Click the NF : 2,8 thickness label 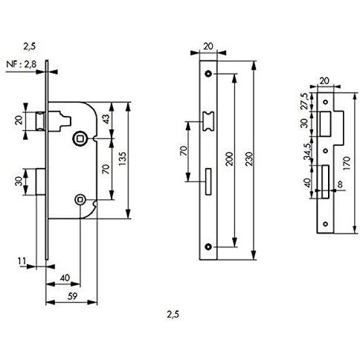pos(22,65)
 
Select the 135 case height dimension pos(123,159)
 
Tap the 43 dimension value pos(106,119)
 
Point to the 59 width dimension pos(72,296)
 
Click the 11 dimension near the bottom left pos(22,261)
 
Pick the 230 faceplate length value pos(249,159)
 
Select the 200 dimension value pos(230,159)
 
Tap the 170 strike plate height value pos(347,163)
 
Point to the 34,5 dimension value pos(307,152)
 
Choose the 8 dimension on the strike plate pos(340,184)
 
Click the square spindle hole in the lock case pos(80,138)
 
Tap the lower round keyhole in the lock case pos(80,199)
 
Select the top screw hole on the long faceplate pos(208,74)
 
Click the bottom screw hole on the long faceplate pos(208,247)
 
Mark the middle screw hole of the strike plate pos(326,151)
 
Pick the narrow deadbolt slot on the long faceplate pos(208,182)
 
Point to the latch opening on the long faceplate pos(208,121)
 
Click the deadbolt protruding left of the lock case pos(41,181)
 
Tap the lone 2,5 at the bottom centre pos(173,315)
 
